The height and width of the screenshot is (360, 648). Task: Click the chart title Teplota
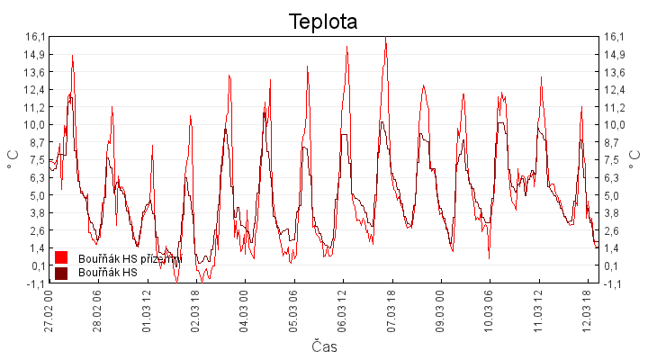tap(323, 22)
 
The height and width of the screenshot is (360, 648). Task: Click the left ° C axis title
tap(13, 160)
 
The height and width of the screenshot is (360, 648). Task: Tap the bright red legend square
tap(62, 258)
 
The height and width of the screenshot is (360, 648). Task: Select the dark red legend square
tap(62, 272)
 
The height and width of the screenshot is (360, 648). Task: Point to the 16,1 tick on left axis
tap(36, 37)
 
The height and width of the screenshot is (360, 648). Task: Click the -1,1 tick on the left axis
tap(36, 283)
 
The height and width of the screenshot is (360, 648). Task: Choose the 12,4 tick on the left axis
tap(36, 90)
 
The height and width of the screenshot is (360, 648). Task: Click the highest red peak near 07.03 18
tap(385, 39)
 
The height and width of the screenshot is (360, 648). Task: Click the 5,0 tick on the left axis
tap(36, 195)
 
